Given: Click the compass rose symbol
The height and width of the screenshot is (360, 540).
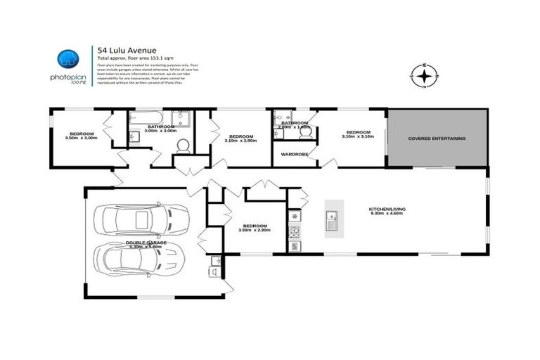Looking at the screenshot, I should pyautogui.click(x=424, y=75).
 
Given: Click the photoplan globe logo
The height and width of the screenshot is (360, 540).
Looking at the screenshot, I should pyautogui.click(x=67, y=58).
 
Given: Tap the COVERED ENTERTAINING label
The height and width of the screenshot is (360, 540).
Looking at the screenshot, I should pyautogui.click(x=437, y=139).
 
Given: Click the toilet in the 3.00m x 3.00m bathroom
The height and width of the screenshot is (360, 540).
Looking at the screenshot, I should pyautogui.click(x=181, y=145).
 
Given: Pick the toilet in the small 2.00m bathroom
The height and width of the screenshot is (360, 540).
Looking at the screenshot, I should pyautogui.click(x=304, y=131).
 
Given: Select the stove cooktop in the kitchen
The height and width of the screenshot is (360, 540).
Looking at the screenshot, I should pyautogui.click(x=294, y=232).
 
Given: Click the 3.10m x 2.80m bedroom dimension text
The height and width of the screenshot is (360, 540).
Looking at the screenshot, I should pyautogui.click(x=240, y=141).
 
